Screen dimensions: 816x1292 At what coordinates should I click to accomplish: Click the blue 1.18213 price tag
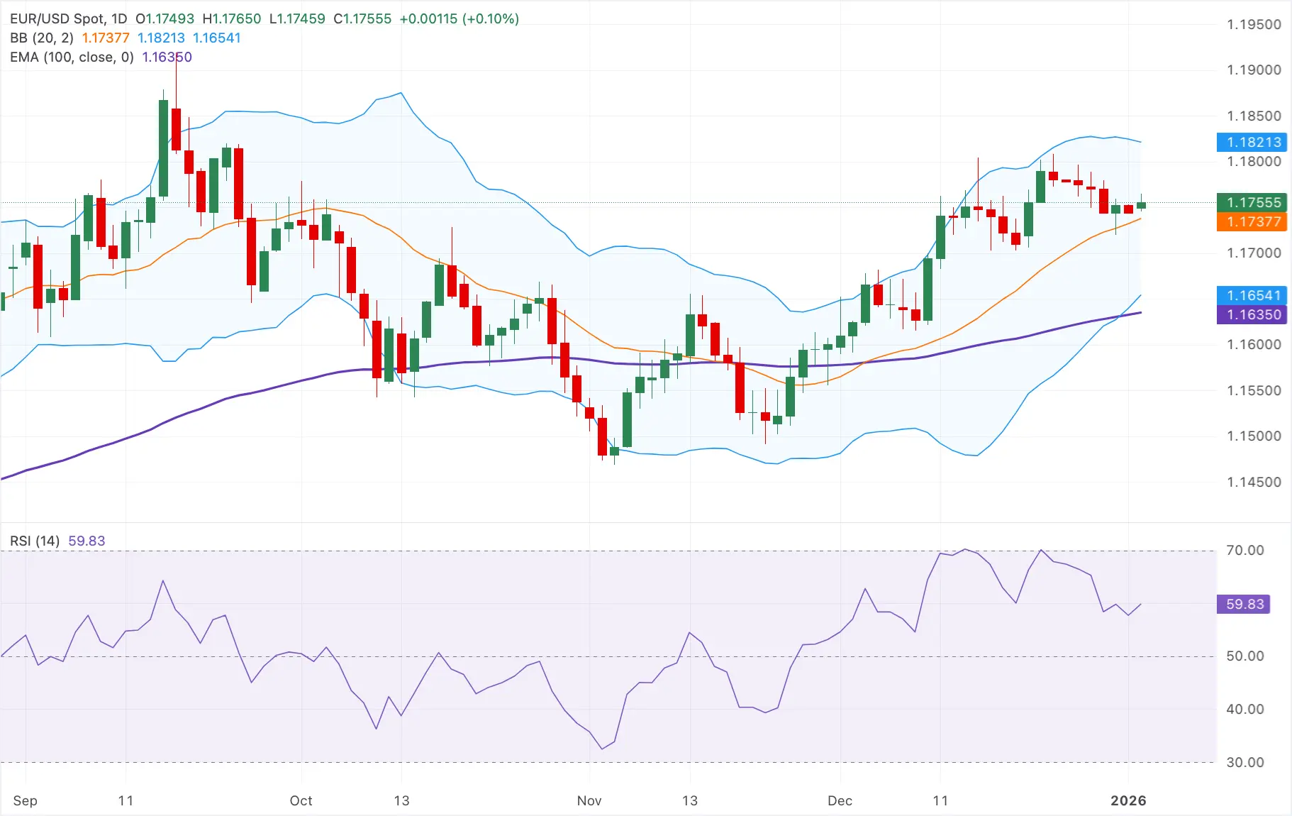click(x=1252, y=142)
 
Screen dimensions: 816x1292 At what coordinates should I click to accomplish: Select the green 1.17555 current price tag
click(x=1252, y=202)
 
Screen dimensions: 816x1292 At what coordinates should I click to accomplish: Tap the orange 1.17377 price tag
click(x=1252, y=221)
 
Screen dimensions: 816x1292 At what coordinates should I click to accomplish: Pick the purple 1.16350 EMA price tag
click(x=1252, y=314)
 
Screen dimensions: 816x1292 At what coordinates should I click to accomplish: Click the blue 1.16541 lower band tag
click(x=1252, y=295)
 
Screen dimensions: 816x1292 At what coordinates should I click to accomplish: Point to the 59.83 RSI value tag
click(x=1244, y=604)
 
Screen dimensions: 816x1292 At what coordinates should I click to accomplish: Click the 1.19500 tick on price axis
click(x=1254, y=25)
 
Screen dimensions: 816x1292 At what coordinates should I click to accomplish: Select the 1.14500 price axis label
click(x=1254, y=482)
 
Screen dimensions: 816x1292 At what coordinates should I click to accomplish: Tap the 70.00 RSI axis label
click(x=1244, y=550)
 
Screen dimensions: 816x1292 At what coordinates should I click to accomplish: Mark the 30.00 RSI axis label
click(x=1244, y=762)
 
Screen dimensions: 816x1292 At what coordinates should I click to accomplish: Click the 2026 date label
click(x=1127, y=800)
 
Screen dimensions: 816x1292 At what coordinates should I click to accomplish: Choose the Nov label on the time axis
click(x=589, y=800)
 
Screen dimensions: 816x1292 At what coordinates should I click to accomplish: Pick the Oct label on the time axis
click(x=301, y=800)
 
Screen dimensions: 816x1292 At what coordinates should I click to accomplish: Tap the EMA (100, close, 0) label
click(x=72, y=57)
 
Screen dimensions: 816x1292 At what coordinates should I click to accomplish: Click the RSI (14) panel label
click(x=35, y=541)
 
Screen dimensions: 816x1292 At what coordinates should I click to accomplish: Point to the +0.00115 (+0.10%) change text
click(x=459, y=19)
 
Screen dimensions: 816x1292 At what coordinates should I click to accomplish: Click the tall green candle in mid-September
click(x=163, y=148)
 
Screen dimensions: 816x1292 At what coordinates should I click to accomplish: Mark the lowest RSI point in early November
click(x=602, y=749)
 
